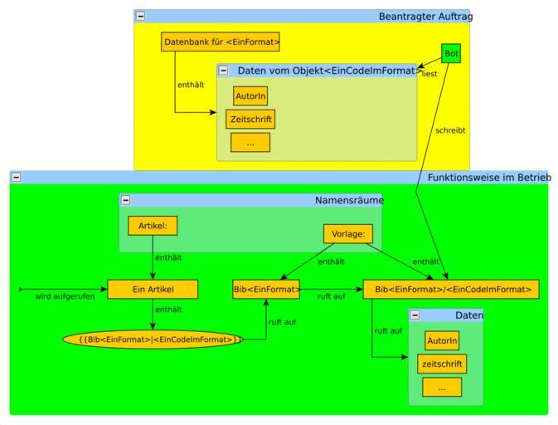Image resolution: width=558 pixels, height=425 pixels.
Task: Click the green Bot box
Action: point(450,53)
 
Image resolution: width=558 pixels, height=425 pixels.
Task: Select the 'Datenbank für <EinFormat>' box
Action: point(221,42)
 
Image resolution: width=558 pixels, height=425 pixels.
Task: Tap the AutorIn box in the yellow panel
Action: point(250,96)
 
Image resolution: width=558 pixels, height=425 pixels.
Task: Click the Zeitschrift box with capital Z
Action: point(250,120)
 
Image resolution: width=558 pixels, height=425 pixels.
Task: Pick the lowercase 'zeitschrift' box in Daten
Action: point(442,364)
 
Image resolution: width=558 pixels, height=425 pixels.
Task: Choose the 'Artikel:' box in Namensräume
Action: point(153,225)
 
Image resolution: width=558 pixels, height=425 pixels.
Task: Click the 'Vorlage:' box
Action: point(348,234)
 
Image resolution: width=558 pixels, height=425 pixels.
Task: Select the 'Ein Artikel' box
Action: point(153,289)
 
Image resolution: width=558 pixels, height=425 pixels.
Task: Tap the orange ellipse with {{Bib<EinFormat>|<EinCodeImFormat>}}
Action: point(153,339)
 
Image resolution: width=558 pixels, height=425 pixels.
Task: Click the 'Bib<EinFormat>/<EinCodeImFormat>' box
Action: point(452,289)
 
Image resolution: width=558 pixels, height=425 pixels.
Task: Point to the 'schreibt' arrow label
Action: point(450,130)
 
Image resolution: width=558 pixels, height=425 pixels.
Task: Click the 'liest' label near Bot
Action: point(429,74)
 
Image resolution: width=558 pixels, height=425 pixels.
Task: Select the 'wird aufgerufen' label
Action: point(65,296)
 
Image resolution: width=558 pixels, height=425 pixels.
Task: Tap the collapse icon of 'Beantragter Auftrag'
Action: point(140,16)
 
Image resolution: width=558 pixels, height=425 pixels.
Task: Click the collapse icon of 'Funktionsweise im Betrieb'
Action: point(16,177)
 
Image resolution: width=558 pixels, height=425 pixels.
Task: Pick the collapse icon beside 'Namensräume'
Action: point(126,200)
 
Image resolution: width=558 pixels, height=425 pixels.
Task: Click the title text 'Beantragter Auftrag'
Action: point(425,16)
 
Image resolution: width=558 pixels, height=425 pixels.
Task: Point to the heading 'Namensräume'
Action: point(349,200)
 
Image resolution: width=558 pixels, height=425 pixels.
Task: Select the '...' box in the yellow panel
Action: point(250,143)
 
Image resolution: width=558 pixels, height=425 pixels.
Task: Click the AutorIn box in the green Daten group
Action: point(442,340)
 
